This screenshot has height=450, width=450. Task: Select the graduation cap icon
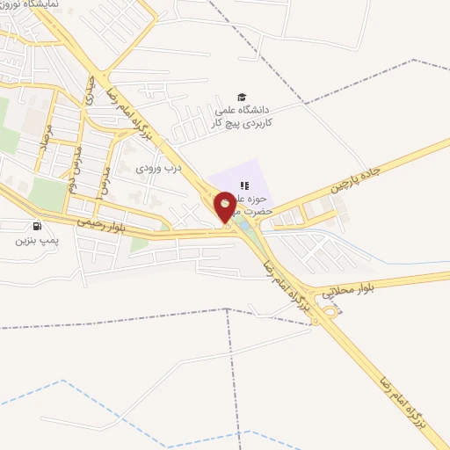click(241, 98)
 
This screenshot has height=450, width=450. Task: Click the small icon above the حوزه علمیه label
click(245, 185)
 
